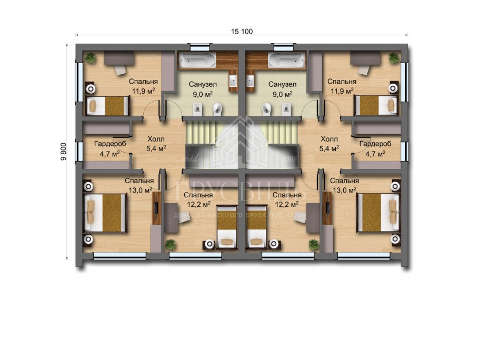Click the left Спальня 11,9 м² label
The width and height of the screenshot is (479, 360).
click(x=143, y=86)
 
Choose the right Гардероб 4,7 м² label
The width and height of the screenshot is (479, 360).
click(x=375, y=148)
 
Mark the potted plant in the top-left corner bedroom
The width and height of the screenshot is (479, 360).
click(x=91, y=57)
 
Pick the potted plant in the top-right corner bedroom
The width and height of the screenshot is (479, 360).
click(x=393, y=57)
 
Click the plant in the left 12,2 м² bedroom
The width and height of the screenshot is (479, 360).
click(x=170, y=244)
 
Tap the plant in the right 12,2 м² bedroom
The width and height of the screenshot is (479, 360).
click(x=314, y=244)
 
